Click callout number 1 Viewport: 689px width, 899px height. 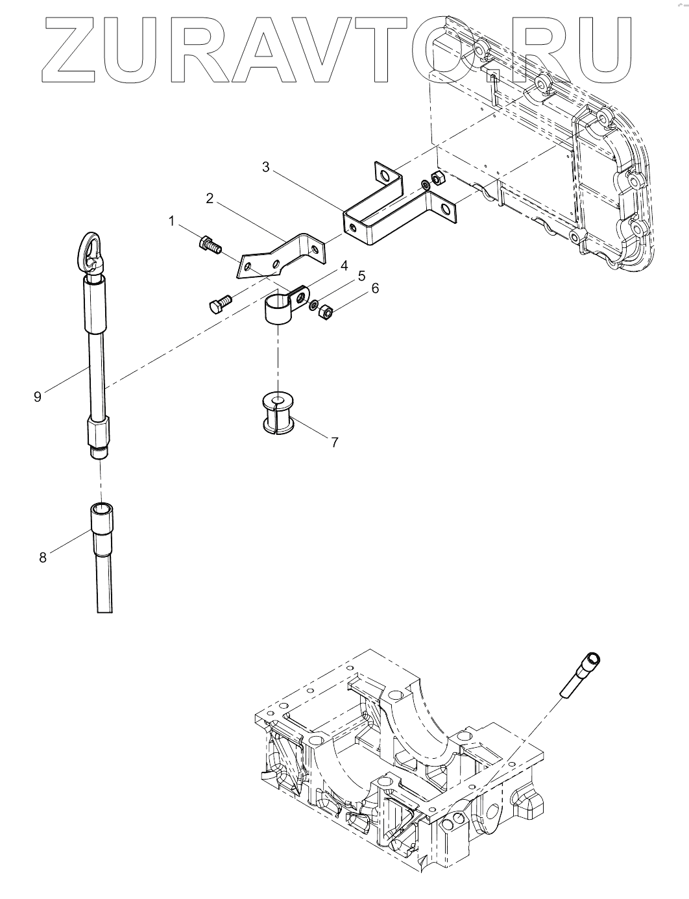click(171, 222)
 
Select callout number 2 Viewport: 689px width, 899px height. click(210, 199)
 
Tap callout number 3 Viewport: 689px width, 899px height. click(266, 167)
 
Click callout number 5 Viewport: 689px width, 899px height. click(361, 276)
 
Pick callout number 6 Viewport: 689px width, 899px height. click(375, 288)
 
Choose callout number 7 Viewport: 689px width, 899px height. click(335, 442)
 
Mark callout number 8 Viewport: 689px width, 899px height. click(43, 558)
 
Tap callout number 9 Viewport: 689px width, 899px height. click(38, 397)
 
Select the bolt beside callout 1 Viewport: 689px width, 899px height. click(210, 245)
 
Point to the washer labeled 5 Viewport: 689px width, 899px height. click(313, 306)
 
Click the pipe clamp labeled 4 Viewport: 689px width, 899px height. click(286, 305)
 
